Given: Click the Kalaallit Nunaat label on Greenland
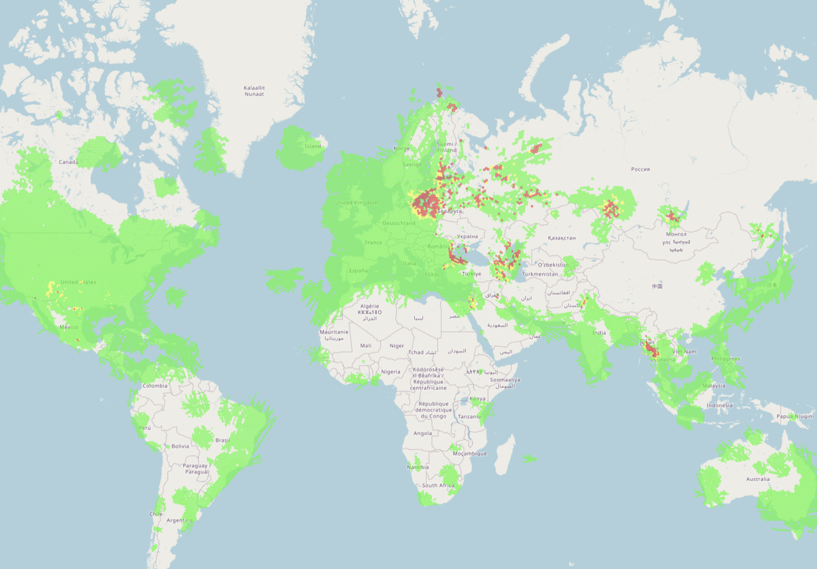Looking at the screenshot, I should (x=254, y=91).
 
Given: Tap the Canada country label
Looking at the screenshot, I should (x=68, y=162).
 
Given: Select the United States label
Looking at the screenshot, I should (x=78, y=282).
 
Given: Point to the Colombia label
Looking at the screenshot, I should (x=155, y=386).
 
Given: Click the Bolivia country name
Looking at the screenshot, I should (x=180, y=446).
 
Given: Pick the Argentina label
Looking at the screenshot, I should (x=179, y=520).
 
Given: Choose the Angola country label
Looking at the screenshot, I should (x=423, y=433).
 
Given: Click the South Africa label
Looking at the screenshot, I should (x=438, y=485).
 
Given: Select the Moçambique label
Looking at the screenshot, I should (x=470, y=454).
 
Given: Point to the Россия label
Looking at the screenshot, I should (x=640, y=169).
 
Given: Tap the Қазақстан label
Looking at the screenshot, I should (x=562, y=238).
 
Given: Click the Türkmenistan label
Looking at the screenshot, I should (x=540, y=274).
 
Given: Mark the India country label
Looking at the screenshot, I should (x=599, y=333).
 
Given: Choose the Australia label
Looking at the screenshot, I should (x=758, y=479).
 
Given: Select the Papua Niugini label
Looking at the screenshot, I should (x=795, y=416).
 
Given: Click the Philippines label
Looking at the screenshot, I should (x=726, y=359).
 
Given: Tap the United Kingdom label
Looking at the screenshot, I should (x=356, y=203).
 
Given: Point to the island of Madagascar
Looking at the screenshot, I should (x=504, y=455).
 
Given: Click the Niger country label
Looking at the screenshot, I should (x=397, y=346).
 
